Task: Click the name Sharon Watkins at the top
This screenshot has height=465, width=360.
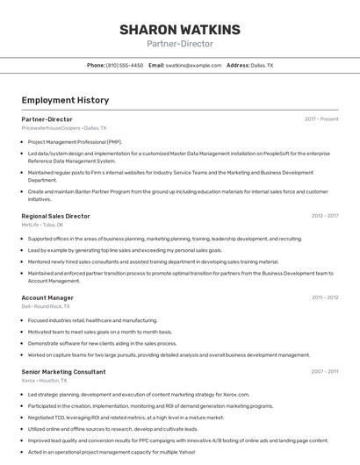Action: click(179, 29)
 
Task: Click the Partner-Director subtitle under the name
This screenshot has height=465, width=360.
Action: click(179, 44)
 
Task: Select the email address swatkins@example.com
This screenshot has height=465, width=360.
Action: click(193, 65)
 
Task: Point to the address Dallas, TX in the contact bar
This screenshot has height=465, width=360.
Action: click(262, 65)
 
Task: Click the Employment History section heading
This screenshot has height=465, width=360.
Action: click(65, 100)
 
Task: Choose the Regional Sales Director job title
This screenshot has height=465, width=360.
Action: click(55, 216)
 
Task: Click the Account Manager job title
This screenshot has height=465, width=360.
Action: click(47, 297)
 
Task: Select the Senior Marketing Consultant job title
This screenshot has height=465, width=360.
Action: click(63, 372)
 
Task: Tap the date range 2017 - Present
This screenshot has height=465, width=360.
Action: click(321, 118)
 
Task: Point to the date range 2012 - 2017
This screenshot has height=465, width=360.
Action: click(325, 216)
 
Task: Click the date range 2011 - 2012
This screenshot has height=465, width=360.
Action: click(325, 297)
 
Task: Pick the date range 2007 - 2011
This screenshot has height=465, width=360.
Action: click(325, 372)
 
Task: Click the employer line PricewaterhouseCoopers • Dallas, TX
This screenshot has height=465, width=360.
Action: click(64, 128)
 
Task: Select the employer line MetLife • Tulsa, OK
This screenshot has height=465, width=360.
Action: click(43, 225)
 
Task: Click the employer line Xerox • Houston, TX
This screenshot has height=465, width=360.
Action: click(45, 381)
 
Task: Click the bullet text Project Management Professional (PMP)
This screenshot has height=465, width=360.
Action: click(75, 142)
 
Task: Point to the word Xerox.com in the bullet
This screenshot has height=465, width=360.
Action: click(237, 395)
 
